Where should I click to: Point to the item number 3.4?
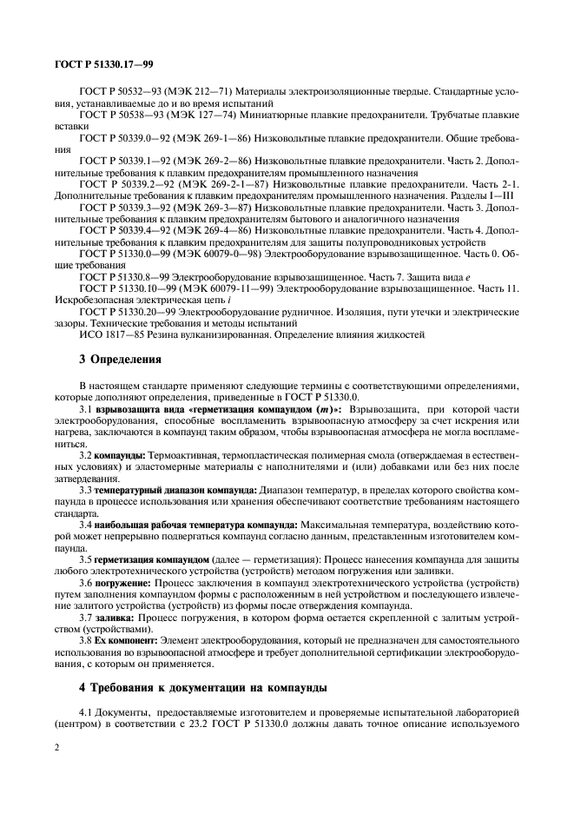85,525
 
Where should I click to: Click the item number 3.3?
85,491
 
